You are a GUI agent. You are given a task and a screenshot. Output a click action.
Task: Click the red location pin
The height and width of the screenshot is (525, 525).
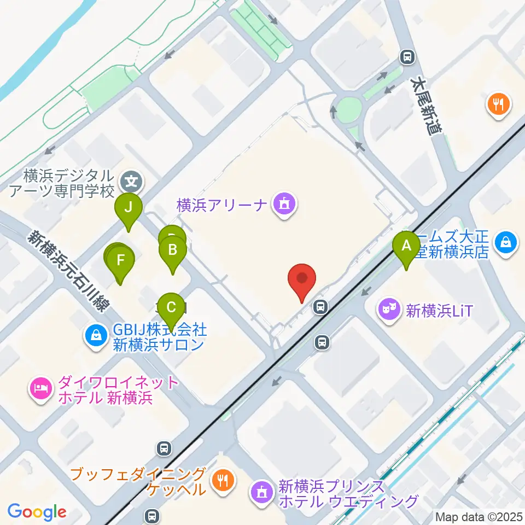pyautogui.click(x=302, y=279)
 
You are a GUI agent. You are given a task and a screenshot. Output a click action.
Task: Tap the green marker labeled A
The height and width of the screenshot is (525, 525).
pyautogui.click(x=406, y=246)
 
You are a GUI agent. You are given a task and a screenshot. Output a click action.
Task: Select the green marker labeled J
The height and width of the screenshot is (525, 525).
pyautogui.click(x=128, y=208)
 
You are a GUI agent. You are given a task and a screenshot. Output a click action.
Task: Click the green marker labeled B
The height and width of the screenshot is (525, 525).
pyautogui.click(x=173, y=251)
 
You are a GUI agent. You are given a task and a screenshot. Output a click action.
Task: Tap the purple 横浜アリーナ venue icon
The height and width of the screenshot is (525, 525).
pyautogui.click(x=283, y=205)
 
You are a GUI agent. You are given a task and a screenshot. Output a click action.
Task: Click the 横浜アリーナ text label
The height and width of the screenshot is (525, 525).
pyautogui.click(x=221, y=205)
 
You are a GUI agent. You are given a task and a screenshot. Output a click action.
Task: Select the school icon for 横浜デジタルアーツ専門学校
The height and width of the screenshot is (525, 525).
pyautogui.click(x=131, y=179)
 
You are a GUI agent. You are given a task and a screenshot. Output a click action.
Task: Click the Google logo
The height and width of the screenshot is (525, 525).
pyautogui.click(x=37, y=512)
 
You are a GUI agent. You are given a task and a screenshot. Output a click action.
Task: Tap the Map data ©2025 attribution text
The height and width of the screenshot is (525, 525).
pyautogui.click(x=479, y=516)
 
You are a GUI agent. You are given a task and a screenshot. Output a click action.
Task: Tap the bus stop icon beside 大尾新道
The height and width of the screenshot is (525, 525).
pyautogui.click(x=406, y=56)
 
